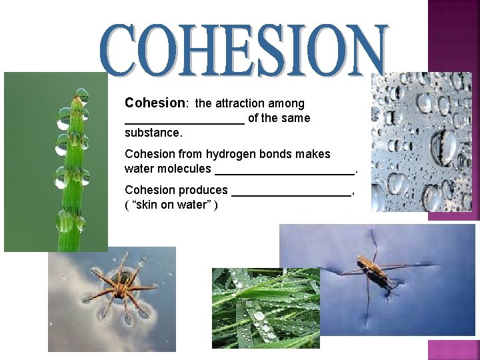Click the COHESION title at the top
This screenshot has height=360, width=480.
[x=245, y=49]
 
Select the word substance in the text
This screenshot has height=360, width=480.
[x=152, y=133]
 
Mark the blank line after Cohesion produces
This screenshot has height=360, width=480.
[x=291, y=193]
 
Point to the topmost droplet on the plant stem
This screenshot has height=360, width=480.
[x=81, y=95]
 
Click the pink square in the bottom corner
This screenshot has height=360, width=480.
[x=453, y=349]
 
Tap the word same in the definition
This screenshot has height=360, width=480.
[x=295, y=119]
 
